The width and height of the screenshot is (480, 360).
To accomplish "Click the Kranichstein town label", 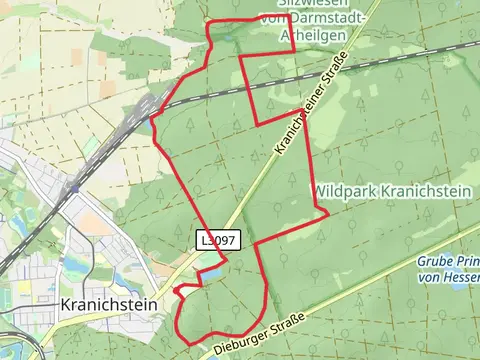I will point(109,302).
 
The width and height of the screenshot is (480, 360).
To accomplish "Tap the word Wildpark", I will point(345,189).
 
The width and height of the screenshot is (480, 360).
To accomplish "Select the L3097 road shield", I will point(218,240).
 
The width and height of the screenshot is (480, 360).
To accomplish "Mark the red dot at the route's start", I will point(177,290).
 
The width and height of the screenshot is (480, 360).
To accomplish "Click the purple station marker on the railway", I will point(74,186).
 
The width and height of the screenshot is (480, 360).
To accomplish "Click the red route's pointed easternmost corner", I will point(328,212).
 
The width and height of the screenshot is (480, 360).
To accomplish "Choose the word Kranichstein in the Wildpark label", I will point(425,189).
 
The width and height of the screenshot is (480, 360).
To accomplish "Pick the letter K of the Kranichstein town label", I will point(65,302).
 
